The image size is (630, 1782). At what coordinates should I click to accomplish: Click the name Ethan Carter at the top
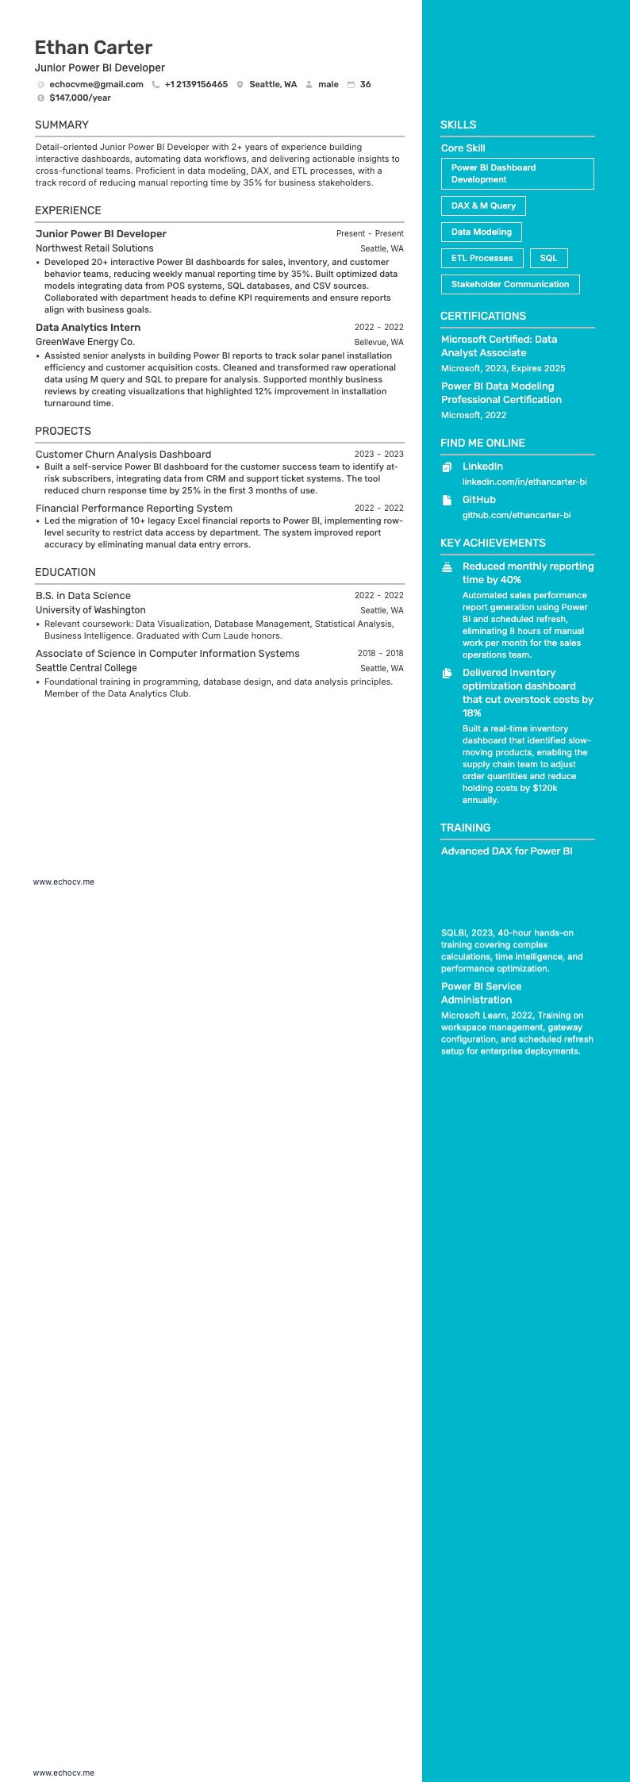(94, 48)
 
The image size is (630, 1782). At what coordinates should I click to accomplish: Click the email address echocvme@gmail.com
(96, 84)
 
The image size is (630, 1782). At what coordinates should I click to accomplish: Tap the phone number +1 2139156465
(196, 84)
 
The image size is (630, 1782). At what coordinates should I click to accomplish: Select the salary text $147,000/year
(80, 98)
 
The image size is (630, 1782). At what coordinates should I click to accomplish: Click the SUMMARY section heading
(62, 125)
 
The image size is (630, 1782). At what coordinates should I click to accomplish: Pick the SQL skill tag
(548, 258)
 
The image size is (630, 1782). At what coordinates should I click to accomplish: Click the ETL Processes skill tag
(482, 258)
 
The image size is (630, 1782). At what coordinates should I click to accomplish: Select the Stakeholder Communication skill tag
(510, 284)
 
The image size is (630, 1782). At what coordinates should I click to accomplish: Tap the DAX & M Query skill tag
(483, 205)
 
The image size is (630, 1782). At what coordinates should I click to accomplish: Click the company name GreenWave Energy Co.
(85, 342)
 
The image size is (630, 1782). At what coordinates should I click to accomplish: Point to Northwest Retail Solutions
(94, 248)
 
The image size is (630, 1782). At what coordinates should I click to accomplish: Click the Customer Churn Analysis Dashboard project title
(123, 455)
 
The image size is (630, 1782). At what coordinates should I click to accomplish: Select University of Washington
(90, 610)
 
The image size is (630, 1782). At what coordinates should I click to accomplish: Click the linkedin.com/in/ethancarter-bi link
(524, 482)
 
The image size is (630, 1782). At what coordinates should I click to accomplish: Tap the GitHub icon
(447, 500)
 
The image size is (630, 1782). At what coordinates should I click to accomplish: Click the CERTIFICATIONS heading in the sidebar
(483, 316)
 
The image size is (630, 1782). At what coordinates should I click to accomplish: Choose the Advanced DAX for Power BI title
(506, 851)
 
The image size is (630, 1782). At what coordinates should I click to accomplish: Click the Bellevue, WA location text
(378, 342)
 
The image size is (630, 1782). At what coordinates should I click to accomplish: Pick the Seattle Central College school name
(86, 668)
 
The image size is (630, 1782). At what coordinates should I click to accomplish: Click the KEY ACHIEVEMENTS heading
(493, 543)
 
